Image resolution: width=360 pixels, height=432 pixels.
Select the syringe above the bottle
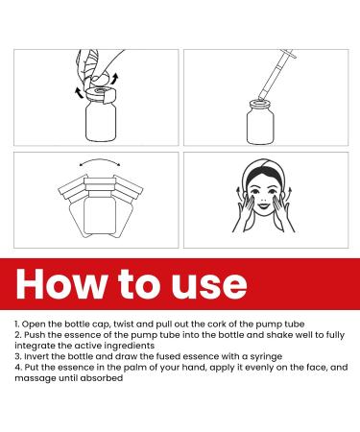[x=277, y=75]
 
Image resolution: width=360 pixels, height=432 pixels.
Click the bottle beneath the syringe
[x=260, y=123]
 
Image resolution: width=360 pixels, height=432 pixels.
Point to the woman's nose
[x=263, y=198]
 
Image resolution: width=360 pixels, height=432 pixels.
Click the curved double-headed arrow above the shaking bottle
[x=100, y=162]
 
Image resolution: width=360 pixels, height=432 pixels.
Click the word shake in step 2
[x=279, y=335]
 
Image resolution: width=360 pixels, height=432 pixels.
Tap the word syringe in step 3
[x=266, y=357]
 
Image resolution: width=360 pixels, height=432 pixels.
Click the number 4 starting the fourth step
[x=17, y=367]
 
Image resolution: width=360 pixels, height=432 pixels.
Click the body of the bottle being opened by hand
[x=101, y=123]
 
